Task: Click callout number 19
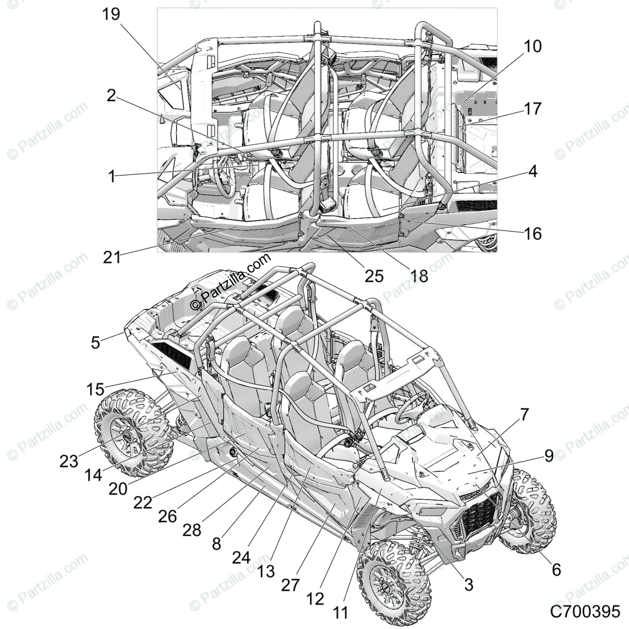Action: [111, 14]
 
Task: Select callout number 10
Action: [532, 46]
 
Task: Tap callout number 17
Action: [533, 109]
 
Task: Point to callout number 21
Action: [112, 257]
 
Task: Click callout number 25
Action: [374, 276]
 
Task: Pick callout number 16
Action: [533, 233]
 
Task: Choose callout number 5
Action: [95, 342]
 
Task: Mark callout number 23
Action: [69, 461]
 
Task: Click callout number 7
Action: [524, 415]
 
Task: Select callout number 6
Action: [556, 569]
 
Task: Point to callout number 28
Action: [192, 530]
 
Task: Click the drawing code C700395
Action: [585, 611]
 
